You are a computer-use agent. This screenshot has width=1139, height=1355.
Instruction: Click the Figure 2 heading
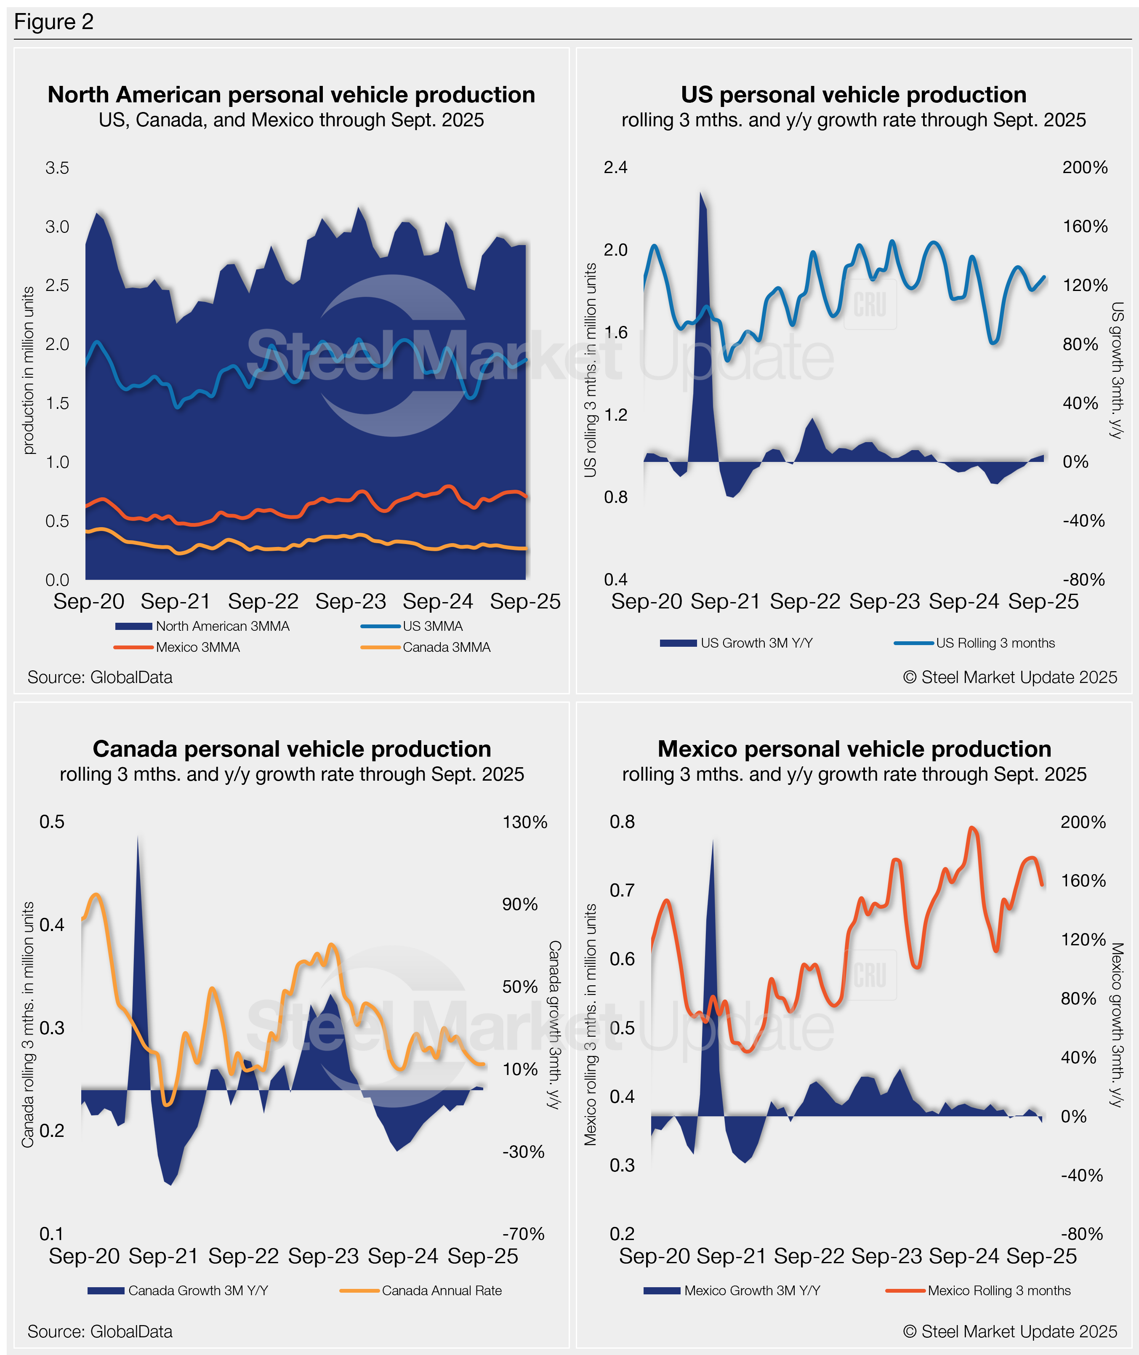tap(53, 22)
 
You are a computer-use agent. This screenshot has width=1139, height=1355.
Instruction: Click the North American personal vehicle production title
tap(291, 95)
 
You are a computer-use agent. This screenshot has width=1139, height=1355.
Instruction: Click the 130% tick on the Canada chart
tap(524, 822)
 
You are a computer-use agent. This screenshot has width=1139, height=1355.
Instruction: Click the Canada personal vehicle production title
tap(292, 749)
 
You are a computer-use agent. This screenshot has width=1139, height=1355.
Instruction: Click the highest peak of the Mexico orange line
tap(972, 827)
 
